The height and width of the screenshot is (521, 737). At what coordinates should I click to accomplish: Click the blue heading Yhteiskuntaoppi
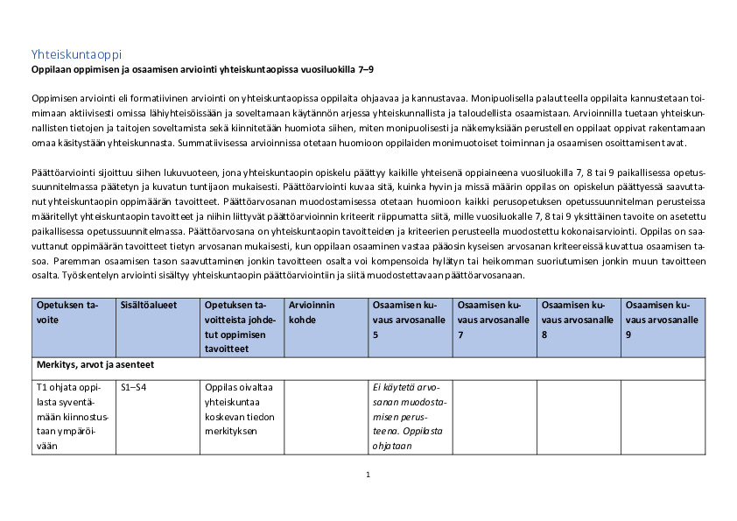pos(76,53)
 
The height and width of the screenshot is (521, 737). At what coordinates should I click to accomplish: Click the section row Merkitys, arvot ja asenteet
pos(95,363)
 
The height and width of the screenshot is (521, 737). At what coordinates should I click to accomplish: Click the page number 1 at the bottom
pos(368,475)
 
